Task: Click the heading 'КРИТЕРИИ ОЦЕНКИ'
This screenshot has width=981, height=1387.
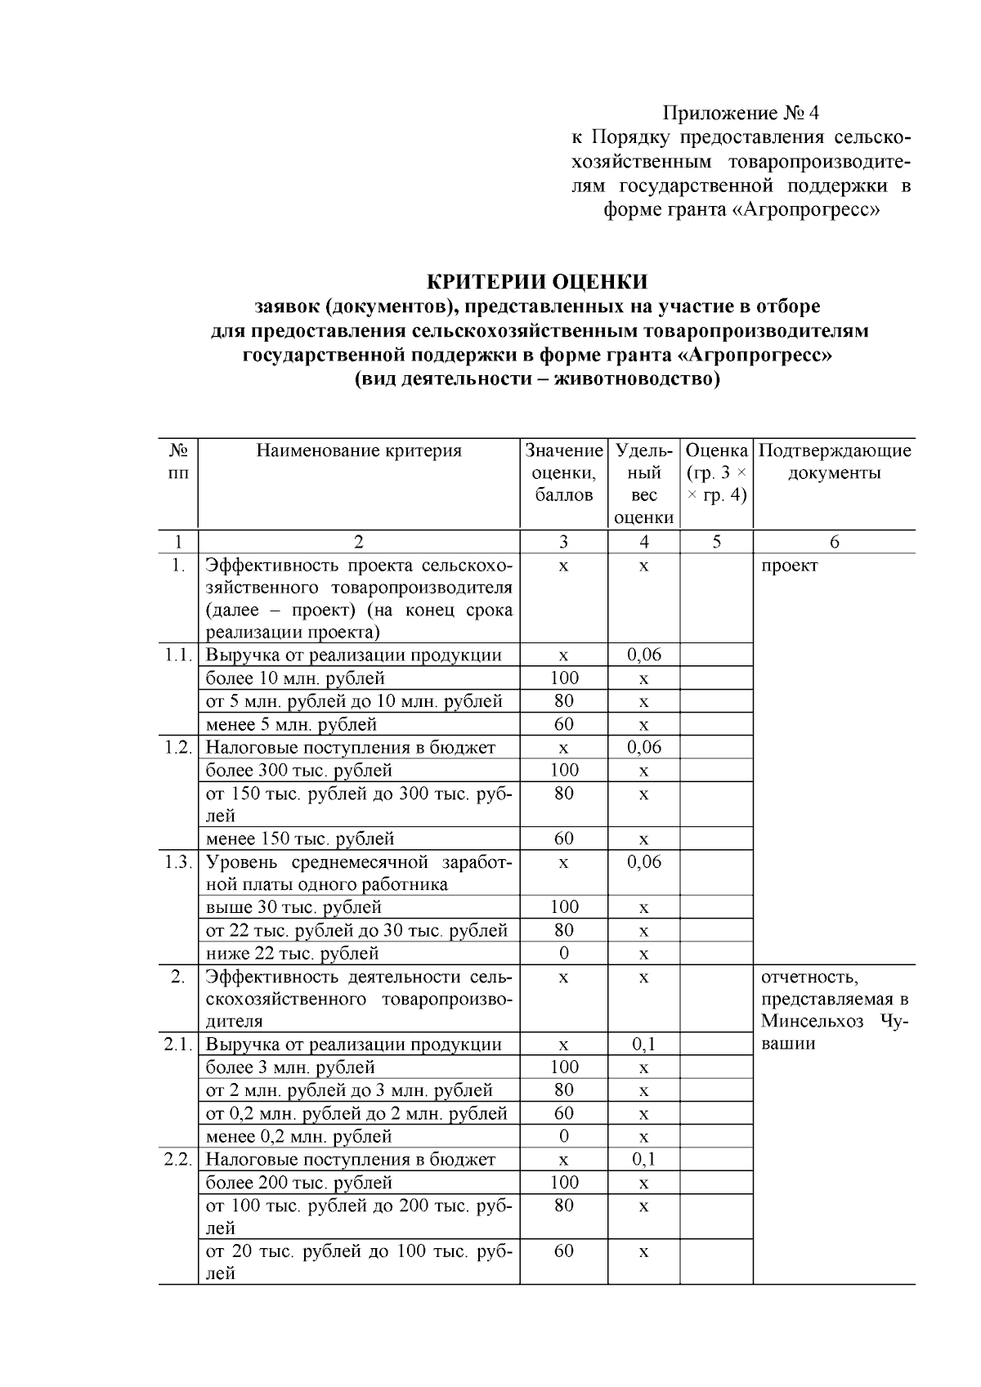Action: [x=538, y=282]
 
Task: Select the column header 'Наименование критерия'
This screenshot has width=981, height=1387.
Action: [x=359, y=450]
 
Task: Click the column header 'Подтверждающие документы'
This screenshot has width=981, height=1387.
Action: [x=834, y=461]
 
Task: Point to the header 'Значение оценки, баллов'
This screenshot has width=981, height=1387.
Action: [x=563, y=472]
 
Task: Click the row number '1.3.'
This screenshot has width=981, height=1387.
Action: [x=177, y=861]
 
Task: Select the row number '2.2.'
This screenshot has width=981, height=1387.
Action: [x=177, y=1159]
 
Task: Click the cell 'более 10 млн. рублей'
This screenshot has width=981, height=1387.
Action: [x=295, y=678]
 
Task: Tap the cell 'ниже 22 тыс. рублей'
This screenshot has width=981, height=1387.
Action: [x=292, y=953]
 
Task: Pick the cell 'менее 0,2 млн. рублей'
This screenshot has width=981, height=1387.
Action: [x=298, y=1136]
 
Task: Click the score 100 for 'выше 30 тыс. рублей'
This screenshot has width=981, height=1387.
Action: [x=563, y=907]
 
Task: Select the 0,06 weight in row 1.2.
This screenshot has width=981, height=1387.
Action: [x=643, y=747]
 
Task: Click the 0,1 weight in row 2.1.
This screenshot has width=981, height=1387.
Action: [x=643, y=1045]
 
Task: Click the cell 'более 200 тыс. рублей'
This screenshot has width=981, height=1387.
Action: [x=298, y=1182]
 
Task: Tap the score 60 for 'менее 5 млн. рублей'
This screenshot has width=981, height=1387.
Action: [x=563, y=724]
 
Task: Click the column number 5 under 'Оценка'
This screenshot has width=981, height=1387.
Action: [x=716, y=541]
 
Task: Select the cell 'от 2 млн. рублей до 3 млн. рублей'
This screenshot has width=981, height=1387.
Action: [x=349, y=1090]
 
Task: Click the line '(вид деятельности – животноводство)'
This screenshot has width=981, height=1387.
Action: [x=538, y=380]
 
